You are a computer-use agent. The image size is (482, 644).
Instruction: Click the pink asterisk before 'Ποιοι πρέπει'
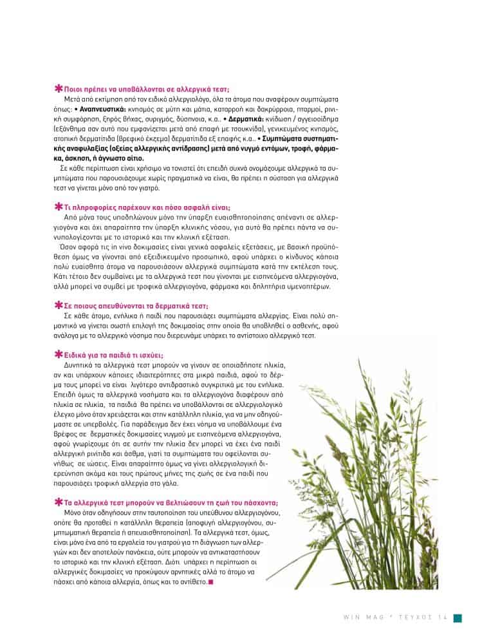[59, 91]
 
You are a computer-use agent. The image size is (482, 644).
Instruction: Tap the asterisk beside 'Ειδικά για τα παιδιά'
[59, 354]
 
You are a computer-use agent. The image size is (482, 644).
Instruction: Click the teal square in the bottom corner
[457, 618]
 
